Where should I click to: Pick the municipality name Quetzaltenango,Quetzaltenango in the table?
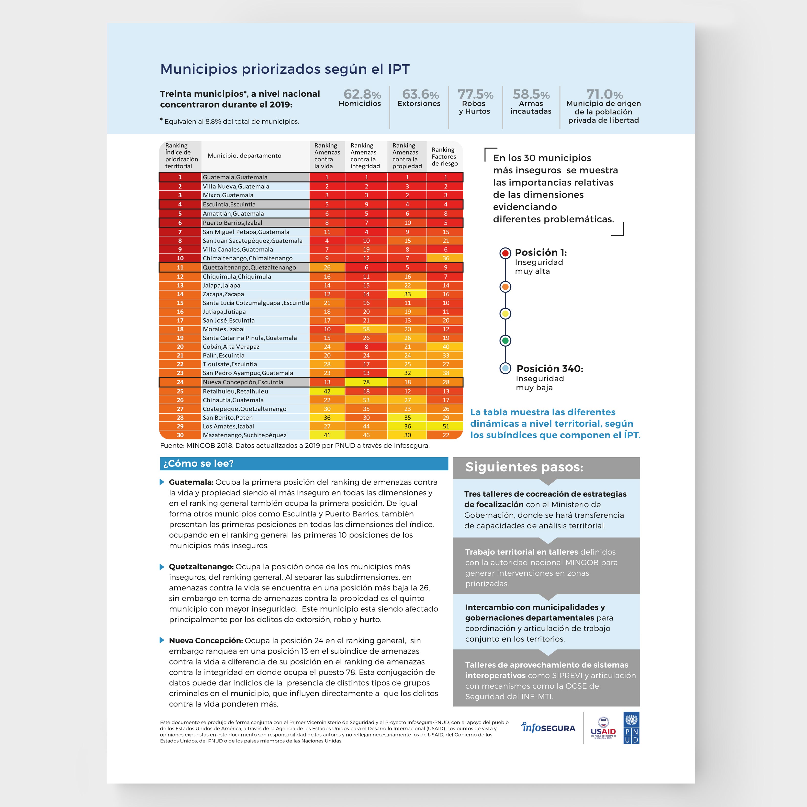[x=249, y=267]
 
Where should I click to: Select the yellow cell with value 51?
[x=446, y=426]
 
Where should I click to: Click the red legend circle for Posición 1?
[x=505, y=253]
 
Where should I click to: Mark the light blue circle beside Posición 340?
[x=505, y=369]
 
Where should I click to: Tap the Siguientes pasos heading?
[x=524, y=467]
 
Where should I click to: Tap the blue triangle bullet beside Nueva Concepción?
[x=162, y=640]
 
